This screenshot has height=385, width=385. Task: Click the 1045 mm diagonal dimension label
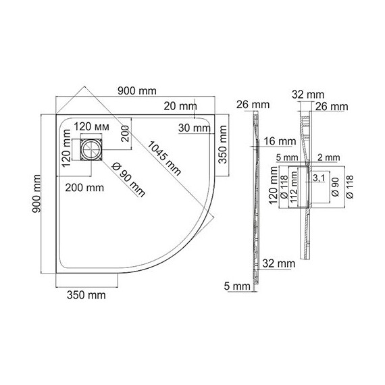point(163,158)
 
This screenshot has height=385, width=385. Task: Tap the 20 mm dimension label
point(180,106)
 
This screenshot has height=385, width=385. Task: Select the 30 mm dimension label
point(195,128)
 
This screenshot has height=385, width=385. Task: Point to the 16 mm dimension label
point(280,141)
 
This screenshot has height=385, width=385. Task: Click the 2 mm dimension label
point(329,157)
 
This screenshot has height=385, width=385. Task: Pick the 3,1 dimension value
point(319,178)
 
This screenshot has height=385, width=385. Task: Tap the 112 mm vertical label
point(294,187)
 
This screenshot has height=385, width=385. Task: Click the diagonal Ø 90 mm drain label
point(128,180)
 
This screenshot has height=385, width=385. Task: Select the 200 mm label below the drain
point(84,188)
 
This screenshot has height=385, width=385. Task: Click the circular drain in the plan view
point(91,149)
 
